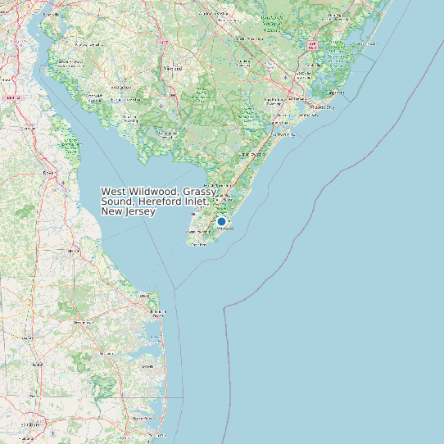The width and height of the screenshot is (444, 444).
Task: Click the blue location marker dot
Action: pyautogui.click(x=221, y=221)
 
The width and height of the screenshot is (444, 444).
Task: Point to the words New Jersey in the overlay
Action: pyautogui.click(x=128, y=211)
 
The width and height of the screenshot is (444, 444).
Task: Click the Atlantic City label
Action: pyautogui.click(x=322, y=106)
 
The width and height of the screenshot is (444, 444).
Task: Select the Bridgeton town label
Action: pyautogui.click(x=120, y=86)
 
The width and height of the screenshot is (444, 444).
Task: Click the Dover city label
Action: pyautogui.click(x=49, y=174)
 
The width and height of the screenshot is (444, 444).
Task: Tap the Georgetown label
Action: pyautogui.click(x=83, y=323)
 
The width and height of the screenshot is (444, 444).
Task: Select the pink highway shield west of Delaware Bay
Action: pyautogui.click(x=11, y=97)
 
